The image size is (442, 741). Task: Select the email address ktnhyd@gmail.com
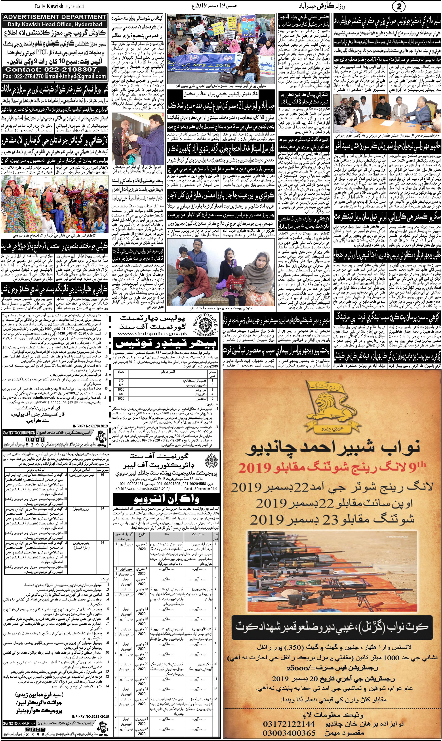pos(83,76)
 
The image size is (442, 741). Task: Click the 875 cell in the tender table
pos(121,380)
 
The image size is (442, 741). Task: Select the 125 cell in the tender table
pos(121,385)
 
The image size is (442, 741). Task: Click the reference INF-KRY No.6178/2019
pos(91,426)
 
